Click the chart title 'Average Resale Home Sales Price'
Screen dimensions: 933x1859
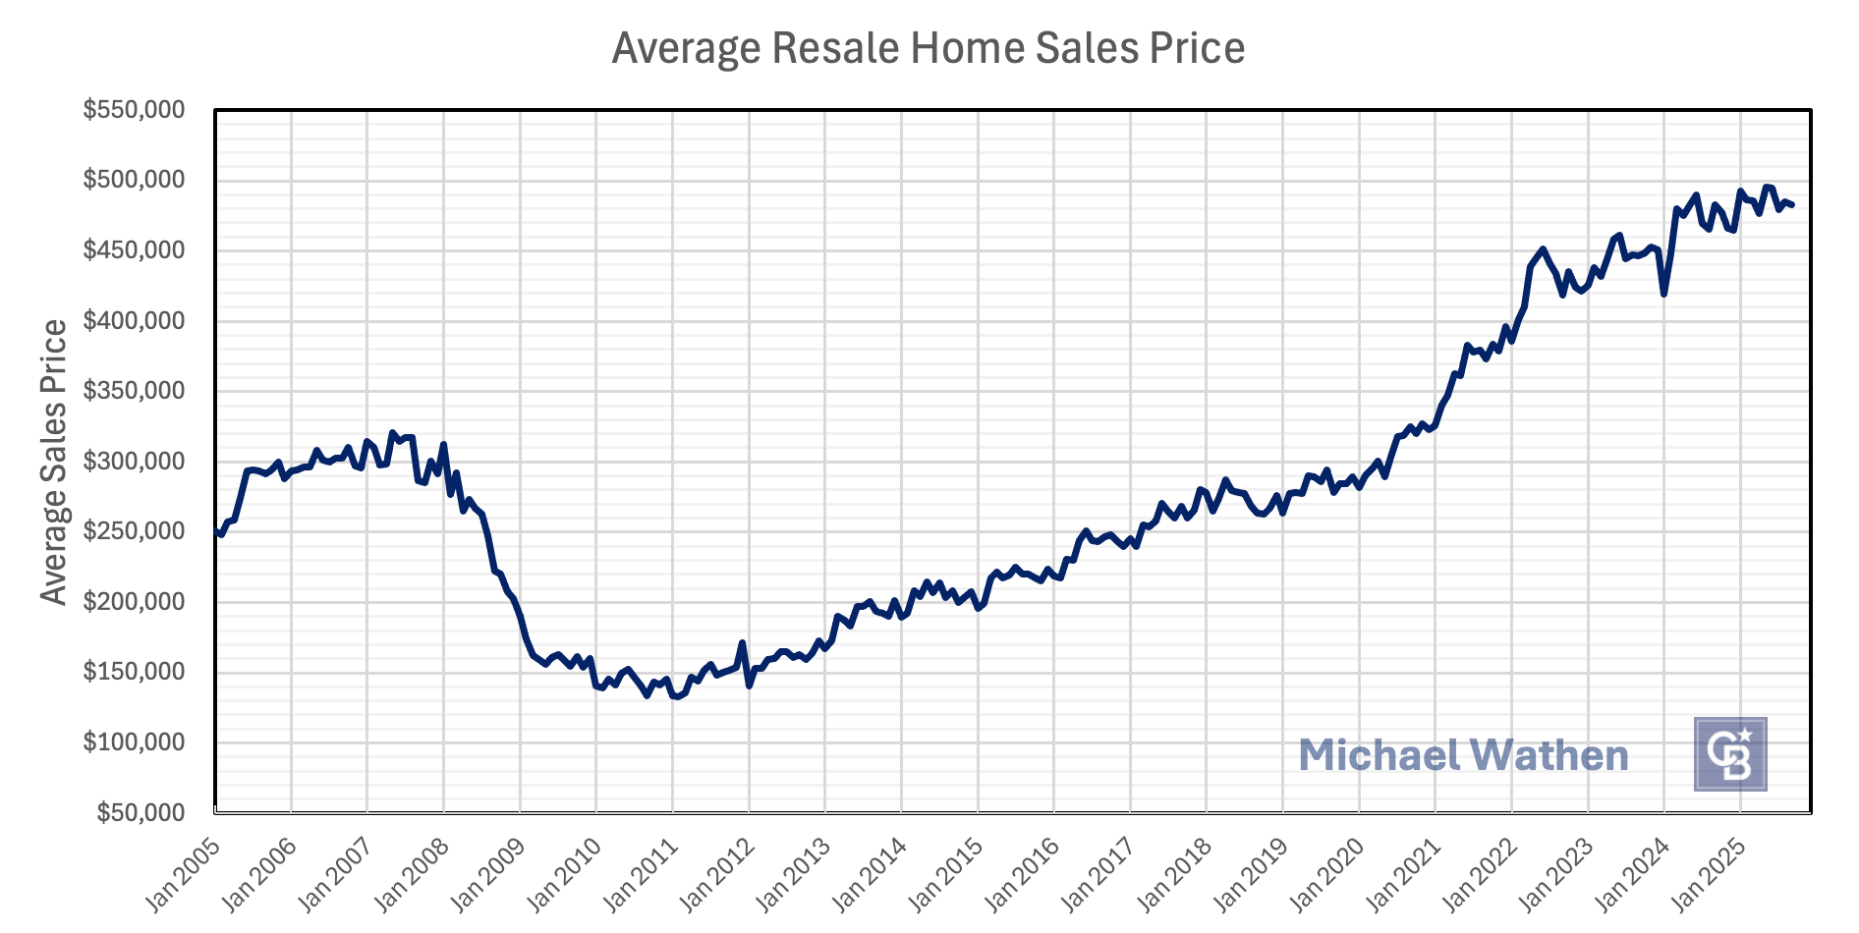click(x=928, y=48)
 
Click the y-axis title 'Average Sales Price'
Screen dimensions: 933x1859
click(x=55, y=462)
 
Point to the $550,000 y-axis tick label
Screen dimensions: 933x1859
click(x=134, y=110)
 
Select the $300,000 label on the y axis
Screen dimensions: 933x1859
click(x=134, y=462)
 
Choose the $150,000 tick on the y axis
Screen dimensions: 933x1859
click(x=134, y=673)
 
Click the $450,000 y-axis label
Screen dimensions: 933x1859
click(x=134, y=250)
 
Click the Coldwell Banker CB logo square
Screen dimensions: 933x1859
click(x=1729, y=754)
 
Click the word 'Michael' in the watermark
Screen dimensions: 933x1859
click(x=1378, y=755)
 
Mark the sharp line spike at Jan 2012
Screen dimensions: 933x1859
click(x=742, y=643)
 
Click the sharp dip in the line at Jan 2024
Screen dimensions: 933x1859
click(x=1663, y=294)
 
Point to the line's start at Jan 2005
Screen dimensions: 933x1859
click(x=215, y=531)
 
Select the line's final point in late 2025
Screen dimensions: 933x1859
click(x=1792, y=205)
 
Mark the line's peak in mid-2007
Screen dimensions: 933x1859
click(x=392, y=432)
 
